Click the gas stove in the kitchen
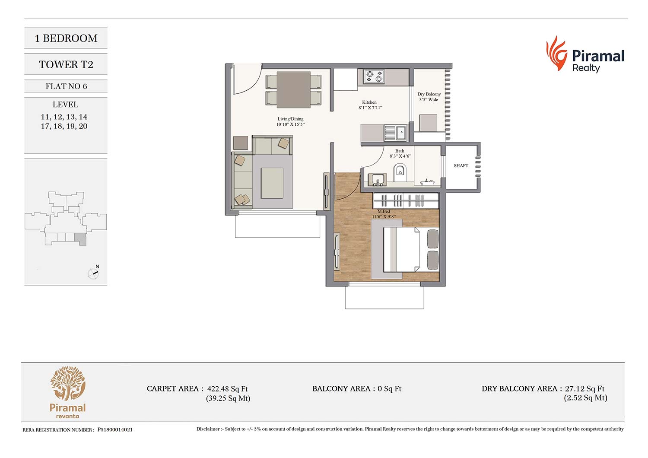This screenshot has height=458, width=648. (x=375, y=76)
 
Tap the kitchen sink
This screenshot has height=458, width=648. (x=395, y=133)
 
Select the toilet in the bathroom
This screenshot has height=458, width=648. (x=400, y=172)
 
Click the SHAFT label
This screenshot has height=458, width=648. (x=461, y=166)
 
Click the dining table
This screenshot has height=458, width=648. (x=294, y=90)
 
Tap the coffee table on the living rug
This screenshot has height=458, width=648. (x=272, y=183)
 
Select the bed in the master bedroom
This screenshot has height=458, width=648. (x=411, y=249)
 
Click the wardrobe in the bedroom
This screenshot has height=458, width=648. (x=406, y=200)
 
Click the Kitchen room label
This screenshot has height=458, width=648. (x=369, y=102)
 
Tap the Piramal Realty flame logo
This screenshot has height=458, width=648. (x=556, y=53)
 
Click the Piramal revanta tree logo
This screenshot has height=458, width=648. (x=68, y=383)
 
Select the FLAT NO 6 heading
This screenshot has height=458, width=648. (x=66, y=86)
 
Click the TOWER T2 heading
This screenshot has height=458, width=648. (x=66, y=64)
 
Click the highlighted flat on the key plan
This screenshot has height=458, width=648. (x=80, y=239)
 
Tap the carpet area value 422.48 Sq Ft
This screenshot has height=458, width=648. (x=227, y=389)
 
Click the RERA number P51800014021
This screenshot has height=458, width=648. (x=115, y=429)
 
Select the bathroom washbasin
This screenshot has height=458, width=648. (x=377, y=179)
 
